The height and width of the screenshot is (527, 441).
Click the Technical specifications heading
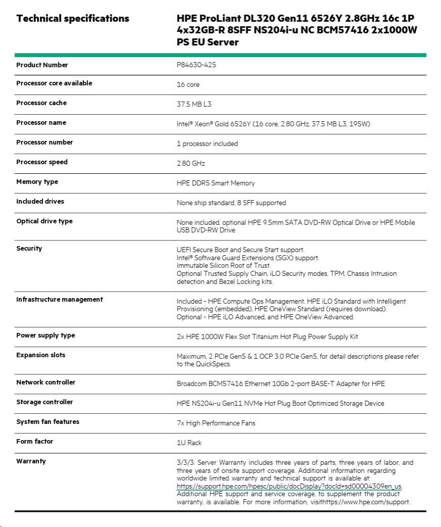[72, 19]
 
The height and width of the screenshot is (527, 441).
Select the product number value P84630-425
[196, 65]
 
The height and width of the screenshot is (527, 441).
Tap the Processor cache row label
[41, 103]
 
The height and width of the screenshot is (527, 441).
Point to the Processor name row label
[41, 123]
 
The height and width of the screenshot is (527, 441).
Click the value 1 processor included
[207, 144]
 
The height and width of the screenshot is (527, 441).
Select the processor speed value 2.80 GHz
[191, 164]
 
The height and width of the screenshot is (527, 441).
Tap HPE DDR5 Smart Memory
[215, 183]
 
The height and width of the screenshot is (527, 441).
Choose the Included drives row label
[40, 202]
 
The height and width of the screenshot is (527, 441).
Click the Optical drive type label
[45, 221]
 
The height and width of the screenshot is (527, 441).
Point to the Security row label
[29, 249]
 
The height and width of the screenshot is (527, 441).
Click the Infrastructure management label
[59, 300]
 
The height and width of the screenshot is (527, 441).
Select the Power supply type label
[46, 336]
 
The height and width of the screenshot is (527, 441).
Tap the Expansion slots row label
[40, 355]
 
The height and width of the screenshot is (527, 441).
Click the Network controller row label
[46, 382]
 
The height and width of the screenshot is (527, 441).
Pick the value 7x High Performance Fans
[216, 423]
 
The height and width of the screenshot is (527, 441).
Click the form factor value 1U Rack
[189, 443]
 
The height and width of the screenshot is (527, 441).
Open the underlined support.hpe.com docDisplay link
[289, 486]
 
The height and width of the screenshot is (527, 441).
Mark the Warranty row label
[31, 461]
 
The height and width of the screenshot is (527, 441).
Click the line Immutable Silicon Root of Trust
[224, 266]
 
